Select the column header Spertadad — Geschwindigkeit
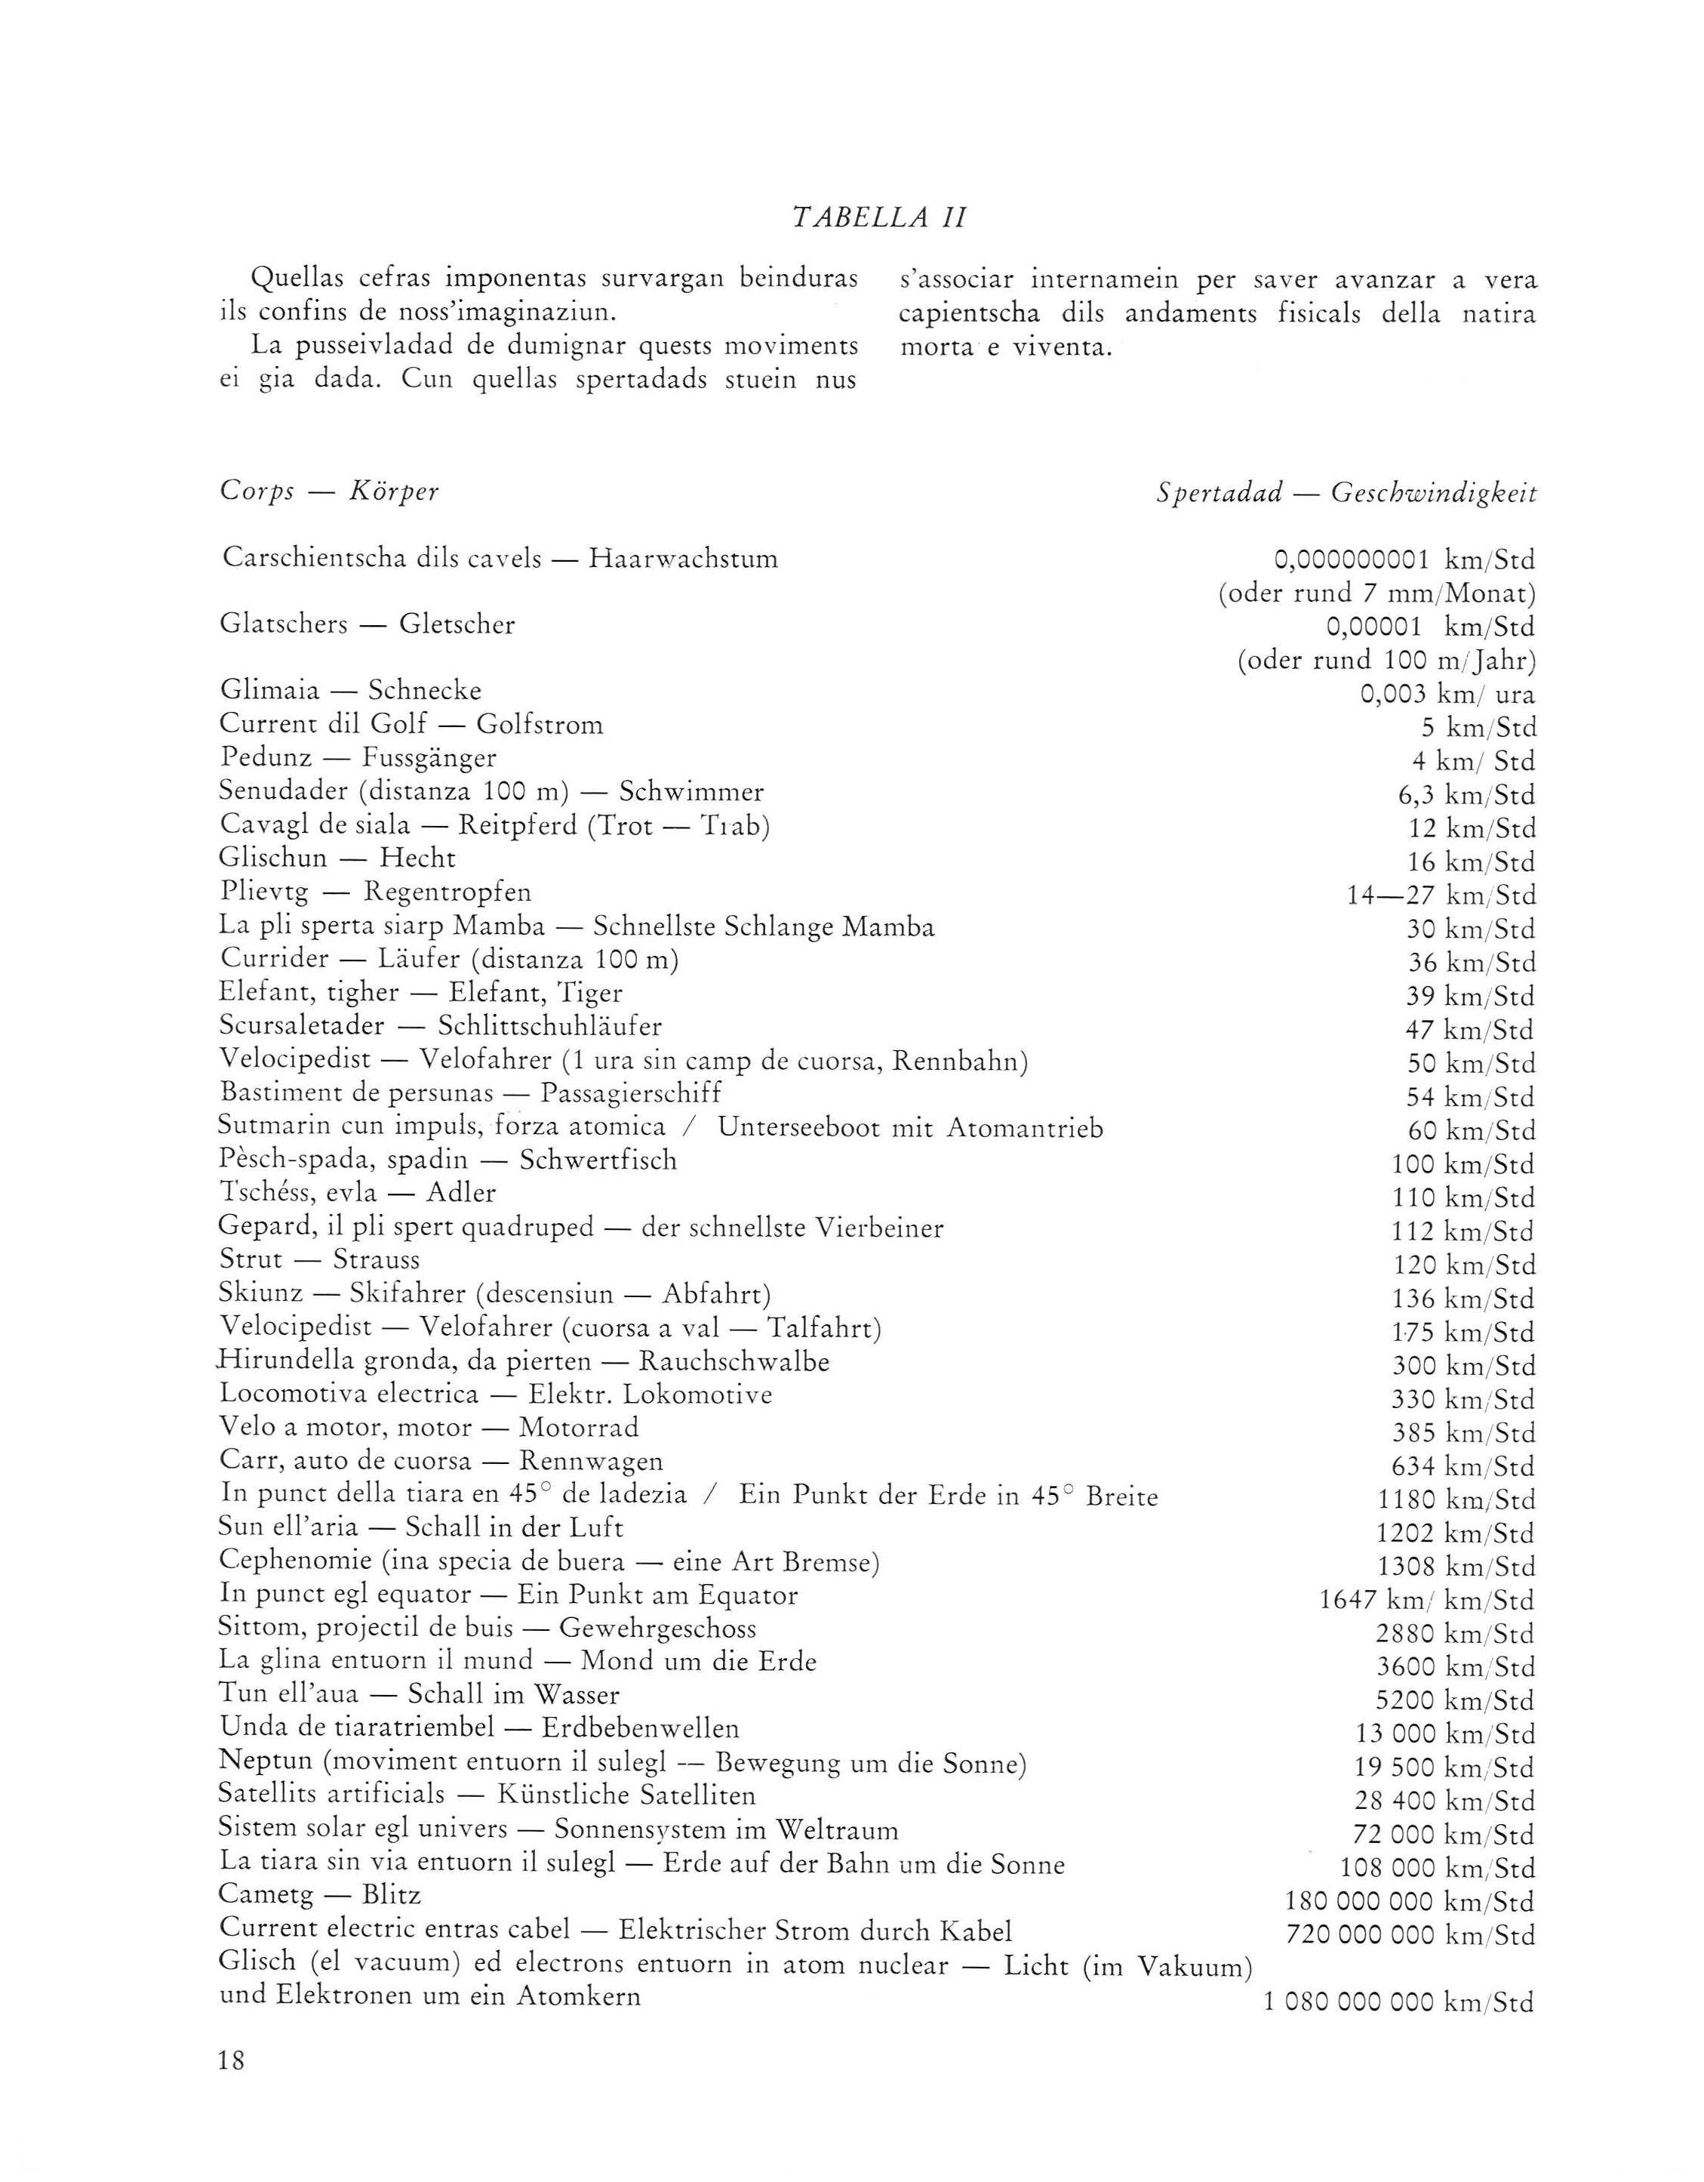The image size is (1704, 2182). coord(1346,492)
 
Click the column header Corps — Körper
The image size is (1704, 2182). coord(330,492)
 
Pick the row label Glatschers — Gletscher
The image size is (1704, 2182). coord(368,625)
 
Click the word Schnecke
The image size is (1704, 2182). coord(425,690)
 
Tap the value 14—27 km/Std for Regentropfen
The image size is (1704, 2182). coord(1441,895)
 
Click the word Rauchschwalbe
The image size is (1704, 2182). coord(734,1362)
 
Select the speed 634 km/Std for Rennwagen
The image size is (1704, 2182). coord(1463,1467)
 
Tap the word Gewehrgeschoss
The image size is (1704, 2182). coord(657,1629)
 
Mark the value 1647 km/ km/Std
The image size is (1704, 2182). coord(1426,1601)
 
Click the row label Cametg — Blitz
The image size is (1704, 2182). coord(320,1894)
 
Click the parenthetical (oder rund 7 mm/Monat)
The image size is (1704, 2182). coord(1376,593)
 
